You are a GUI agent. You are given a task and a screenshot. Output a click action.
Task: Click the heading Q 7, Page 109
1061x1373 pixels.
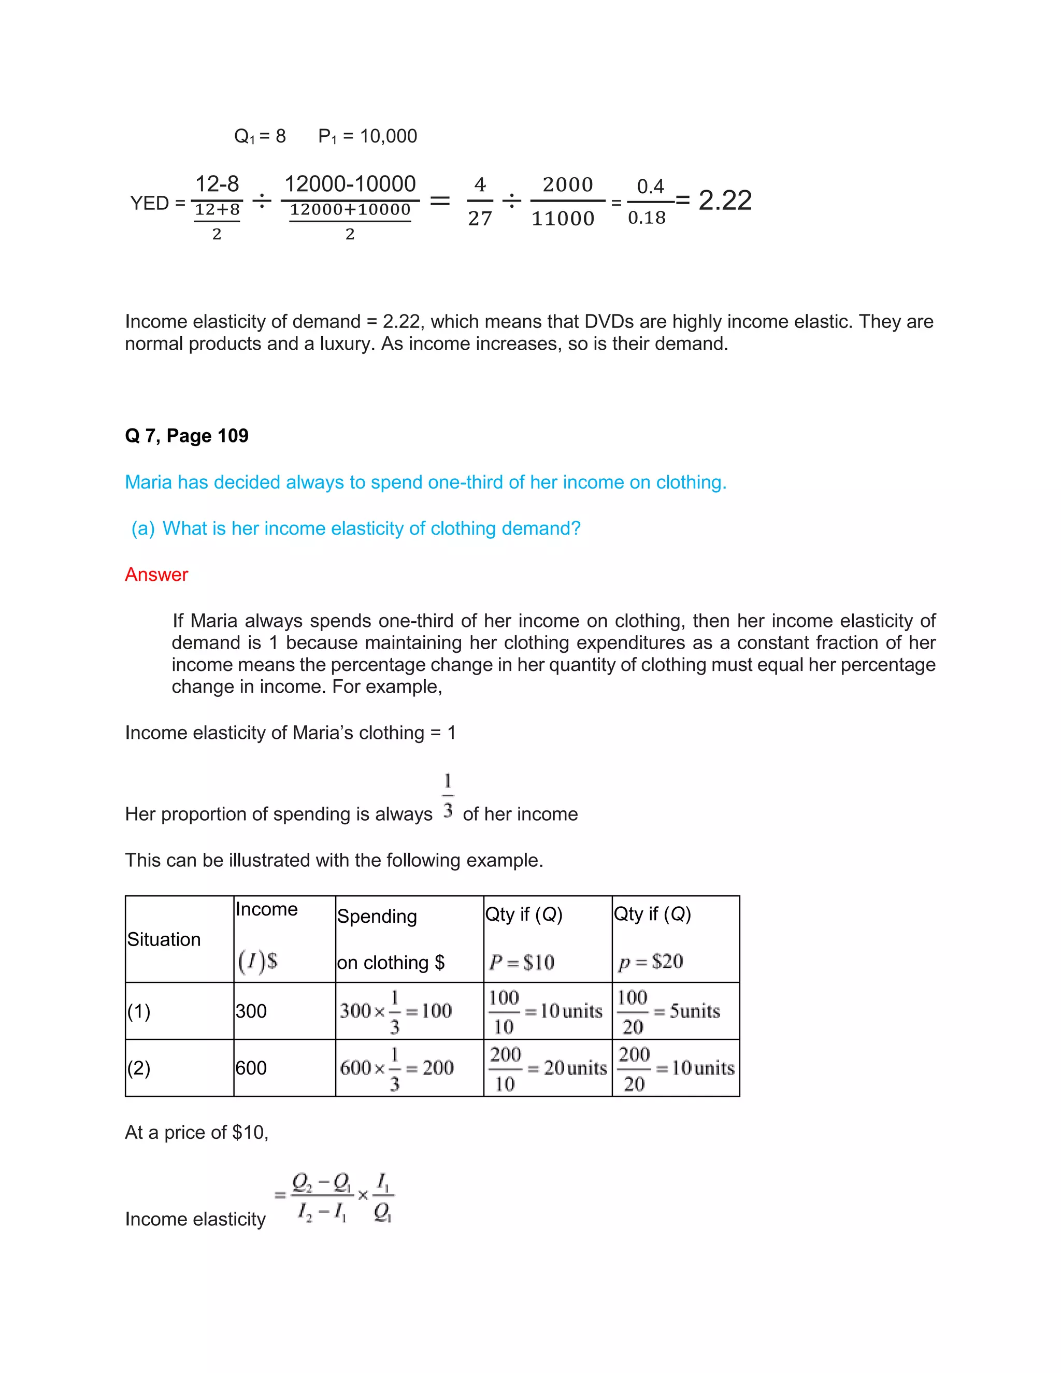click(187, 436)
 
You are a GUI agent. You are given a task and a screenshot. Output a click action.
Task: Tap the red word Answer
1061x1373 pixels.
click(156, 575)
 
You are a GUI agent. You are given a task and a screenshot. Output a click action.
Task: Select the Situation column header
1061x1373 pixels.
click(164, 939)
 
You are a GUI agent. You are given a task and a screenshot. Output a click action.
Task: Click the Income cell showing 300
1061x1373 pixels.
click(251, 1011)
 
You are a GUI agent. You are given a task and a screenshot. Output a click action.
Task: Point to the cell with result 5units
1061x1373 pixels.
click(675, 1011)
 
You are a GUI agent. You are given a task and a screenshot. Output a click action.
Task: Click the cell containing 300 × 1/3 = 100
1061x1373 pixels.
click(396, 1011)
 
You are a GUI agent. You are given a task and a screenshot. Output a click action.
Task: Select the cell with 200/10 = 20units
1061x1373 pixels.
click(548, 1068)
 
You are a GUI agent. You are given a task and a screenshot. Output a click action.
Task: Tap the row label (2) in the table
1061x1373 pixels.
click(139, 1068)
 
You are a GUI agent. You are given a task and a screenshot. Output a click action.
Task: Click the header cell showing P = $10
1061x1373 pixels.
click(522, 962)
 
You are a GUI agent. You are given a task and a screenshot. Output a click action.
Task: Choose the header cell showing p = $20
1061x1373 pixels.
click(651, 961)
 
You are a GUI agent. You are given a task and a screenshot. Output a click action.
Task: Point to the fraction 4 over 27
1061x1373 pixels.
click(480, 201)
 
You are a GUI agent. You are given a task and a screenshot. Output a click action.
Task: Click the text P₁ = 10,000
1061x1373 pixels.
click(368, 136)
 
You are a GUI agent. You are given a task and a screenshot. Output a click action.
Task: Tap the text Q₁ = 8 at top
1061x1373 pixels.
click(260, 136)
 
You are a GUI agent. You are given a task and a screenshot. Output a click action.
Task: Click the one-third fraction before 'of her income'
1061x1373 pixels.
click(448, 796)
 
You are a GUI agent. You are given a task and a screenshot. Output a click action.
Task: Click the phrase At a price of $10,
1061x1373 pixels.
click(197, 1132)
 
